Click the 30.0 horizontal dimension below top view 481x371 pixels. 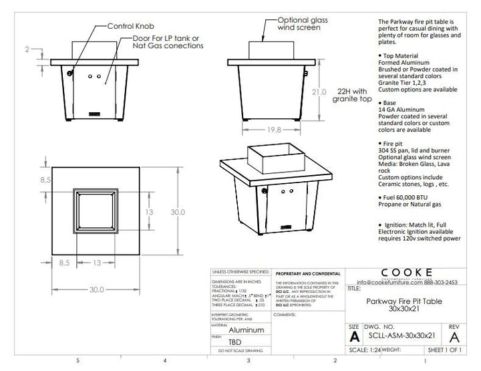click(97, 289)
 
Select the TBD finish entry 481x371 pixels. click(236, 341)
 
